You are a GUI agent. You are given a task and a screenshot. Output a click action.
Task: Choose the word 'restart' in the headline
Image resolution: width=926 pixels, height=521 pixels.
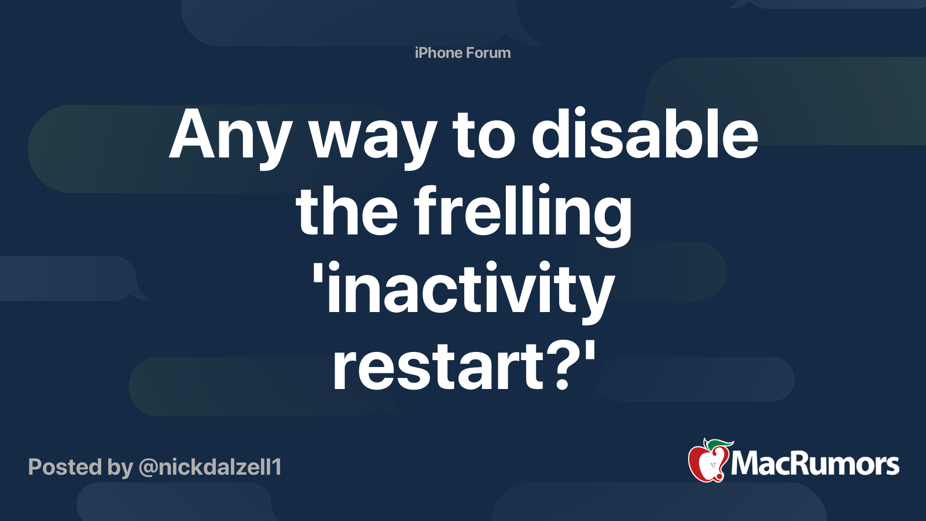[438, 368]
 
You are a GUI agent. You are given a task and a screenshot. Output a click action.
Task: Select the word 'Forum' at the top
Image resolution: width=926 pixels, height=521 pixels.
[488, 53]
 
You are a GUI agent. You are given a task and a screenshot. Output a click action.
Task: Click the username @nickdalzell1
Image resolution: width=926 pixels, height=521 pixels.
[210, 467]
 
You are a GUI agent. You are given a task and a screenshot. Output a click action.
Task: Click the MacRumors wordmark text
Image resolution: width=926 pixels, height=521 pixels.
[815, 464]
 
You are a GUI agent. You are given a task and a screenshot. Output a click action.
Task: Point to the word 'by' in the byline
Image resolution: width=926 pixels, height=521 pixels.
[120, 468]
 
